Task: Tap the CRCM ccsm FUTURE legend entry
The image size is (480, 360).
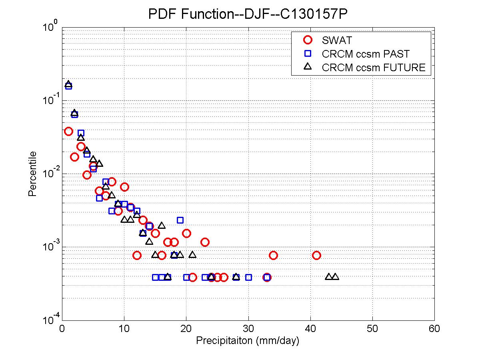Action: (x=374, y=67)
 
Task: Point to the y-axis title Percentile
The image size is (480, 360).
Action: (x=33, y=174)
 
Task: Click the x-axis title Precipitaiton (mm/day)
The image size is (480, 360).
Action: (x=248, y=341)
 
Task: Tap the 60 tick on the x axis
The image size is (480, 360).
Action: (x=434, y=329)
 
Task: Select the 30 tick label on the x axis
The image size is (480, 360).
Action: (x=248, y=329)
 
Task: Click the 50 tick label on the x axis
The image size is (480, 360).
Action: (x=372, y=329)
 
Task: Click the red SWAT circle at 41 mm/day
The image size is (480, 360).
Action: (x=316, y=255)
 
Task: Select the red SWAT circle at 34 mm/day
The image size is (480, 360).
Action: (x=273, y=255)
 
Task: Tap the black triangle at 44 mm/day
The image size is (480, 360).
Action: (x=335, y=276)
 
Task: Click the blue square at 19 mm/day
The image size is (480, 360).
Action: (x=180, y=220)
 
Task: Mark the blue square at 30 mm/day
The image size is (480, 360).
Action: (x=248, y=277)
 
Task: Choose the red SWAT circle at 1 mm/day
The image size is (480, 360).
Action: (x=68, y=131)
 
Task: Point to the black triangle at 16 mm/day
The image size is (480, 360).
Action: (x=162, y=225)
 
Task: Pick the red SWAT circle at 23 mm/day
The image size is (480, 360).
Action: (x=205, y=242)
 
